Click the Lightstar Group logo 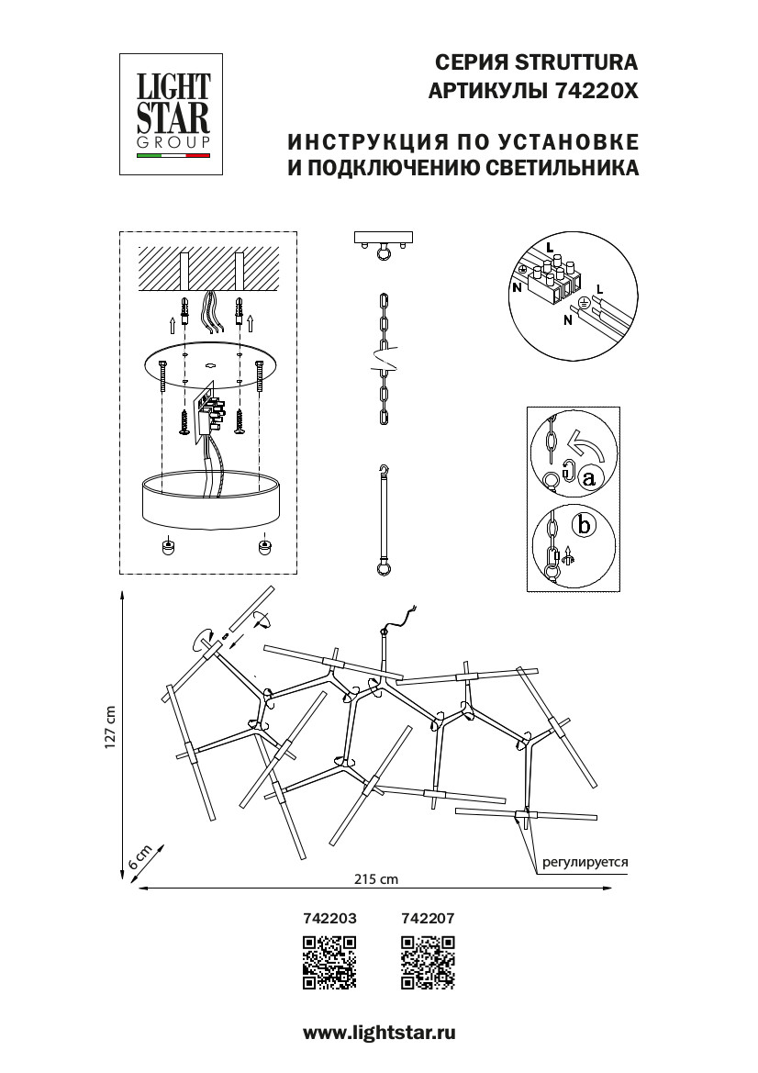tap(173, 113)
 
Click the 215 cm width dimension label tap(376, 879)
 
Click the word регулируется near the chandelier tap(585, 863)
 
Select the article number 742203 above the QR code tap(329, 917)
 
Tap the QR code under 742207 tap(429, 963)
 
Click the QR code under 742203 tap(329, 963)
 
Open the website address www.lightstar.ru tap(379, 1033)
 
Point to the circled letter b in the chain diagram tap(580, 526)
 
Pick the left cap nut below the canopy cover tap(168, 546)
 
